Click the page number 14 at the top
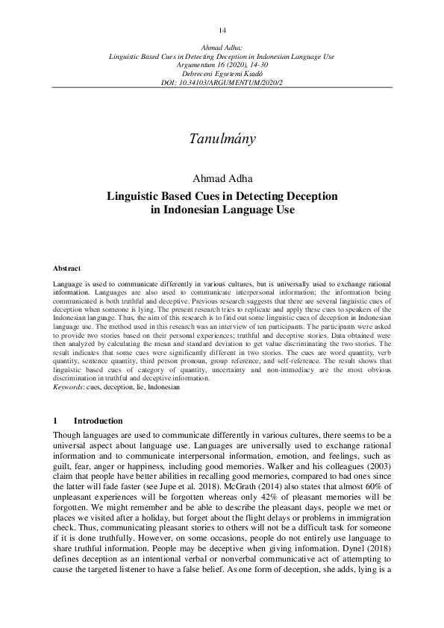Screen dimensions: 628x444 click(x=222, y=30)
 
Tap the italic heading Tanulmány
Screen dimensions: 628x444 click(x=222, y=139)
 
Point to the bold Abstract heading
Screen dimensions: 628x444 click(x=66, y=268)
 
